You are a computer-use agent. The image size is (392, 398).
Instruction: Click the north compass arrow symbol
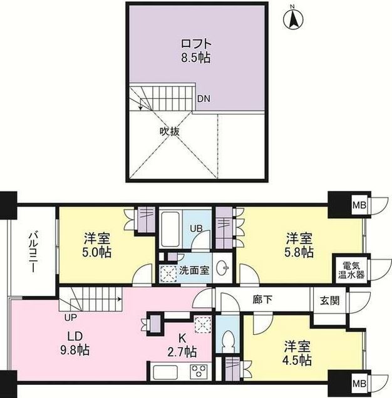(x=293, y=19)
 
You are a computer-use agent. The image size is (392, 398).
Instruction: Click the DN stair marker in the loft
(x=204, y=99)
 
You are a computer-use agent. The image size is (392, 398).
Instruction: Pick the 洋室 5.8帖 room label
(x=300, y=245)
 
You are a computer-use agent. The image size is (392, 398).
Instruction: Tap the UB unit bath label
(x=196, y=228)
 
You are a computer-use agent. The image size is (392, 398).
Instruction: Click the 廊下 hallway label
(x=262, y=300)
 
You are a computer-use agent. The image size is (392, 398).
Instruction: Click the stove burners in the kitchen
(x=200, y=371)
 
